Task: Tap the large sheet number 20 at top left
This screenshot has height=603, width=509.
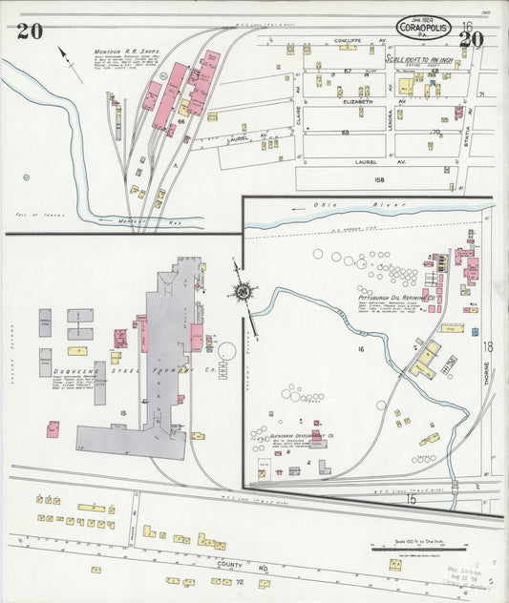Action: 29,31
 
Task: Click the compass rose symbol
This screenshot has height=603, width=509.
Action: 244,291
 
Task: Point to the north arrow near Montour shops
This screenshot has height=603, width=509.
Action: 65,55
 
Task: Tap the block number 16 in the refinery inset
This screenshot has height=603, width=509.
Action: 362,350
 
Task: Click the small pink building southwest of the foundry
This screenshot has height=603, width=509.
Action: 53,429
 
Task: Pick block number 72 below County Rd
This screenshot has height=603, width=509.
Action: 240,581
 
